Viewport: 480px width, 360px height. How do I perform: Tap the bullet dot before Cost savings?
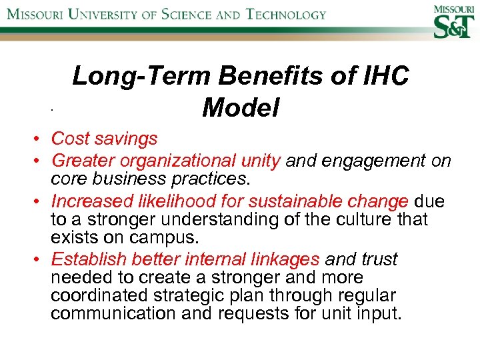point(40,139)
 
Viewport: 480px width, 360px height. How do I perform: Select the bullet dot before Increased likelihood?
point(40,201)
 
